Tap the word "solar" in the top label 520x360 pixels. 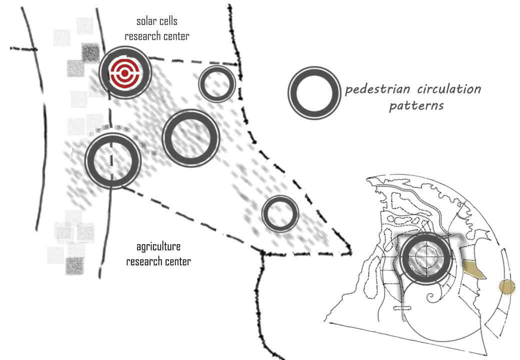click(146, 21)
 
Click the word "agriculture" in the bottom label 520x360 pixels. click(158, 247)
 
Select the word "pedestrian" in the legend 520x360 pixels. click(377, 90)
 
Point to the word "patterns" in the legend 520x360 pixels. click(416, 106)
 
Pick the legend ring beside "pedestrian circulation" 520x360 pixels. click(314, 93)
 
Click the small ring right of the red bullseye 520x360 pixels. click(217, 84)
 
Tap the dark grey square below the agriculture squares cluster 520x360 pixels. click(75, 265)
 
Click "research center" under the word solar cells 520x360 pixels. click(157, 36)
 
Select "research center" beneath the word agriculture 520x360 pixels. click(158, 261)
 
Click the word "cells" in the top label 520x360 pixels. click(168, 21)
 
